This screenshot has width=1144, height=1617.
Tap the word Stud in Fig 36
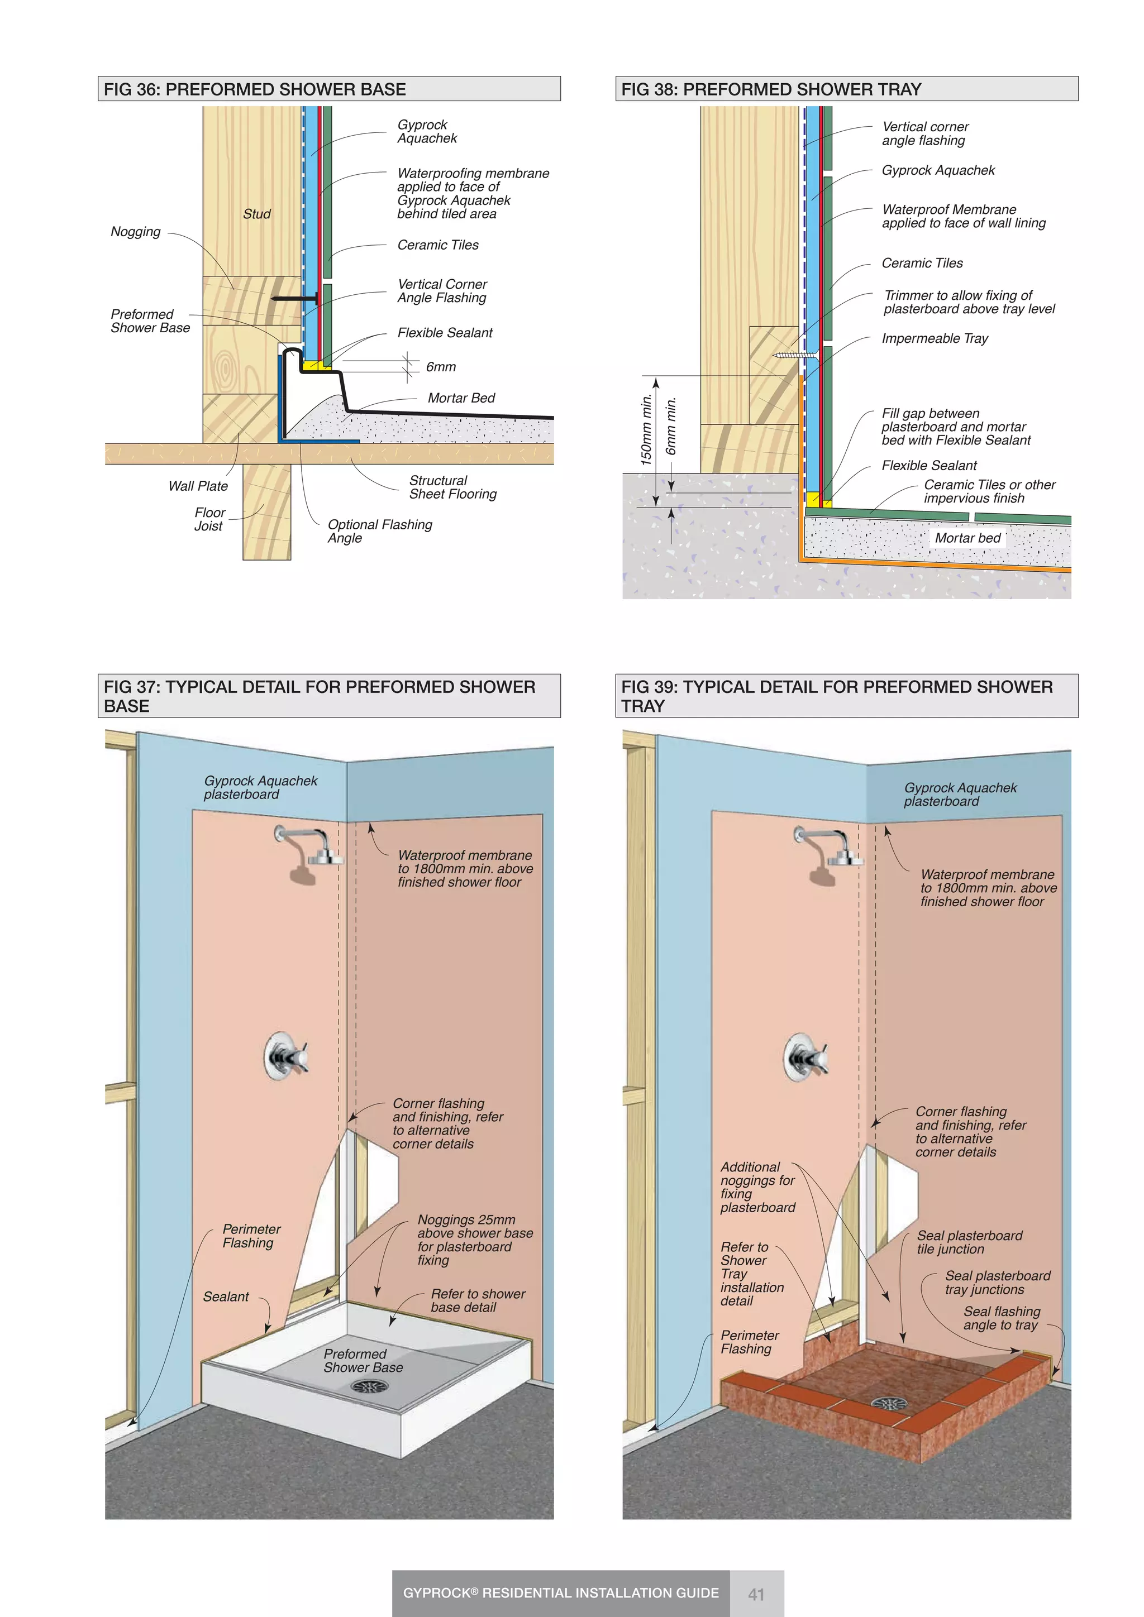[x=256, y=214]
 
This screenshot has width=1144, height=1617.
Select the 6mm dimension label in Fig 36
[x=440, y=367]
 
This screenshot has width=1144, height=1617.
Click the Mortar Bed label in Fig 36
[x=461, y=398]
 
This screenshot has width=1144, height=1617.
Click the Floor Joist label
[x=209, y=519]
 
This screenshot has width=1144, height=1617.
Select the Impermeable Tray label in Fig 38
[x=934, y=339]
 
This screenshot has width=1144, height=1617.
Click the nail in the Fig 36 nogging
[x=294, y=299]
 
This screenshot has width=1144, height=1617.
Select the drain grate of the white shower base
[x=370, y=1386]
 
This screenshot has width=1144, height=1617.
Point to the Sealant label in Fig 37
[x=226, y=1297]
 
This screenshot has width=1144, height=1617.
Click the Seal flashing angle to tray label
[x=1001, y=1318]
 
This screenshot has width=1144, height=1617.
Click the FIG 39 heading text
[x=836, y=696]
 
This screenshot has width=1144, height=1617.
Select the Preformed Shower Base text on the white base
[x=363, y=1361]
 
